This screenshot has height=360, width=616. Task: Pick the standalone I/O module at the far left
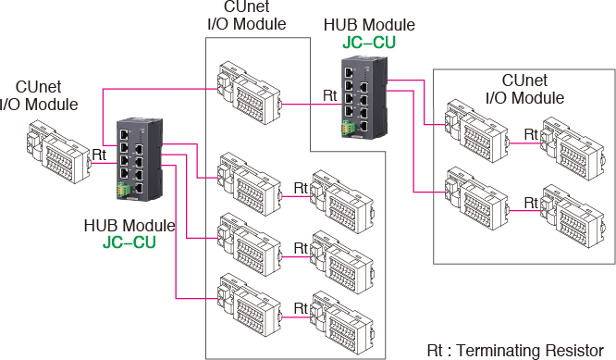tap(56, 155)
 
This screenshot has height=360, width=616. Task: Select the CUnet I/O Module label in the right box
tap(524, 89)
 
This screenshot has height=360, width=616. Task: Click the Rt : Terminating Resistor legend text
tap(520, 352)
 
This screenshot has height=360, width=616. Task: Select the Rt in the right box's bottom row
tap(531, 201)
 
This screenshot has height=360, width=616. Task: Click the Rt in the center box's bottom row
tap(301, 306)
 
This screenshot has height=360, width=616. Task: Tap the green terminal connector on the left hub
tap(123, 190)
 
